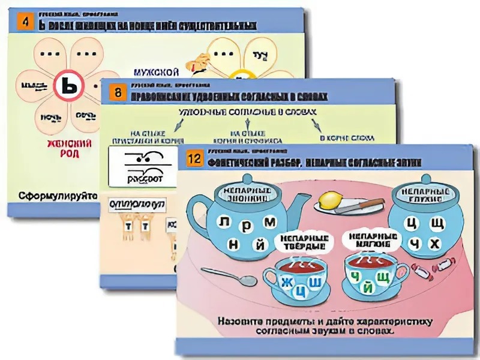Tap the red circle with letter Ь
pyautogui.click(x=71, y=89)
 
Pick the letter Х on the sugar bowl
pyautogui.click(x=436, y=244)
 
